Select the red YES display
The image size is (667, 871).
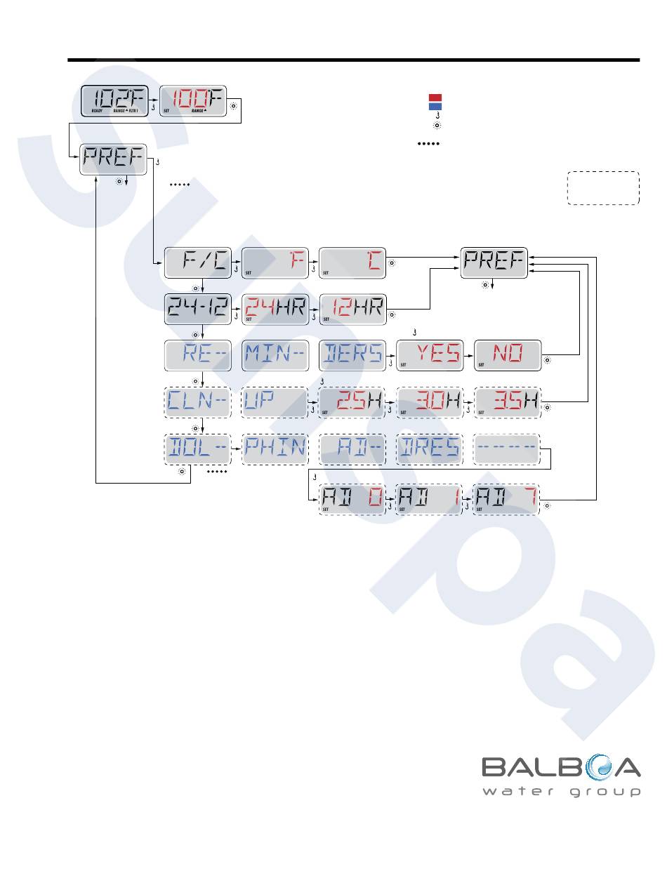click(430, 355)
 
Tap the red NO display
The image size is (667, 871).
click(508, 355)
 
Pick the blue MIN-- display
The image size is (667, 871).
click(275, 355)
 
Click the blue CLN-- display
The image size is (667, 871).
click(197, 402)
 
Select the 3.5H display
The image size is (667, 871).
click(508, 402)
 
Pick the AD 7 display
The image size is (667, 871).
click(506, 500)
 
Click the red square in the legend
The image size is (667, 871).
click(435, 98)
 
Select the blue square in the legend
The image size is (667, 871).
click(435, 106)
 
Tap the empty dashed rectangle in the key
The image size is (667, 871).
click(603, 187)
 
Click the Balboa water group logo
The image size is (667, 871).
click(561, 775)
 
